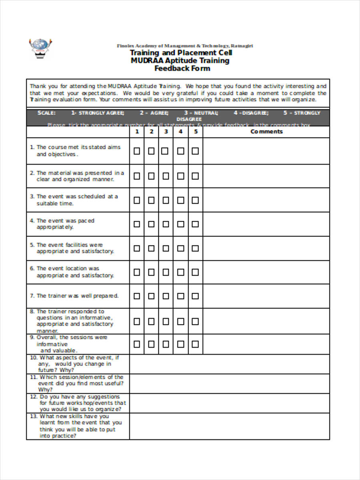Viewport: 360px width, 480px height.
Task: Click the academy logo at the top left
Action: pos(40,48)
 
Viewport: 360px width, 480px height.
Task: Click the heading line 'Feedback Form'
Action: pos(182,68)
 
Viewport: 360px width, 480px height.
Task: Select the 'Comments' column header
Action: pos(266,132)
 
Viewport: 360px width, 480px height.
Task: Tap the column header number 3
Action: pos(166,132)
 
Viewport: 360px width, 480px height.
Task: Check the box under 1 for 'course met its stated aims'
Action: pos(137,151)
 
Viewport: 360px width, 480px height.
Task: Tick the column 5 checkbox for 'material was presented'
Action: pos(195,176)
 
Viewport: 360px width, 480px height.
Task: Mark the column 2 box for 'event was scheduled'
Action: pos(151,200)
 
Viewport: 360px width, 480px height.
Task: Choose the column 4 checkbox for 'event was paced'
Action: pos(181,224)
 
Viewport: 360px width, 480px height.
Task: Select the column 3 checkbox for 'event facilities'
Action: pos(166,248)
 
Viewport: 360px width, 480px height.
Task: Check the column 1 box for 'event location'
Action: pos(137,272)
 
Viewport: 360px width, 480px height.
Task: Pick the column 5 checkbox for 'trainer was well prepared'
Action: pos(195,296)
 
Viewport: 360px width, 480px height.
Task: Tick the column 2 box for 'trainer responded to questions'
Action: pos(151,321)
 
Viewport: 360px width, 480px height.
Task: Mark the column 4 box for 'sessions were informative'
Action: pos(181,344)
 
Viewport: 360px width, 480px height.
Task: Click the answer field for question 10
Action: pos(230,364)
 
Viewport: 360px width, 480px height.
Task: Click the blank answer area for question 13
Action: pos(230,426)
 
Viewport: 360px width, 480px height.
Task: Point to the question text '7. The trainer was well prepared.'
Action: pos(78,296)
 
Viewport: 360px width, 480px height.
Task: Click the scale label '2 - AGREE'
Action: pos(154,113)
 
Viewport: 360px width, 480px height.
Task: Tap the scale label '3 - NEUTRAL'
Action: pos(201,113)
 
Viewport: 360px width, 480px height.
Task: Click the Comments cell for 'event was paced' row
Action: pos(266,224)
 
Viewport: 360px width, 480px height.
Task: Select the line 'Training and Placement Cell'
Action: pos(181,53)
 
